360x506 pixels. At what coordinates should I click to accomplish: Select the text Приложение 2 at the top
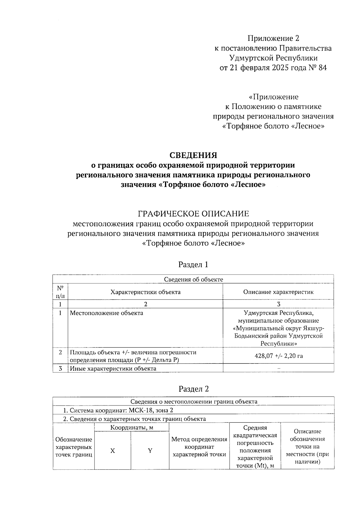point(273,38)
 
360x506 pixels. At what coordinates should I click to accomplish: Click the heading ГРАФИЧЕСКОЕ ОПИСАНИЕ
point(193,214)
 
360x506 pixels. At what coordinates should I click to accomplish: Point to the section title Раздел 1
point(193,264)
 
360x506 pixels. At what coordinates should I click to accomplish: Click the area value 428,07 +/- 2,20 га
point(278,356)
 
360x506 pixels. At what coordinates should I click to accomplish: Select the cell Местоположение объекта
point(106,313)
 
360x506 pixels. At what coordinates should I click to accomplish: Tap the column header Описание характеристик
point(278,292)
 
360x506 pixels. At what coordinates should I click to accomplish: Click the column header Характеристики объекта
point(145,292)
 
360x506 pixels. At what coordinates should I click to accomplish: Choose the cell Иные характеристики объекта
point(113,368)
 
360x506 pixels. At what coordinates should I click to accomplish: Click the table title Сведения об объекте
point(193,279)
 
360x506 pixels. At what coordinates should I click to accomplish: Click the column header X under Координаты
point(112,450)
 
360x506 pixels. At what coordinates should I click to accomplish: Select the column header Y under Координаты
point(150,450)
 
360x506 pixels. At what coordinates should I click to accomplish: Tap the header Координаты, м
point(132,427)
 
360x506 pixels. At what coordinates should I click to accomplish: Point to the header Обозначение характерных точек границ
point(74,447)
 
